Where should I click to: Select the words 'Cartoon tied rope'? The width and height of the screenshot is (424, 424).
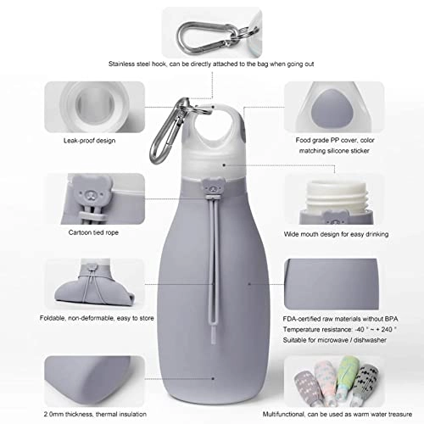click(93, 232)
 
